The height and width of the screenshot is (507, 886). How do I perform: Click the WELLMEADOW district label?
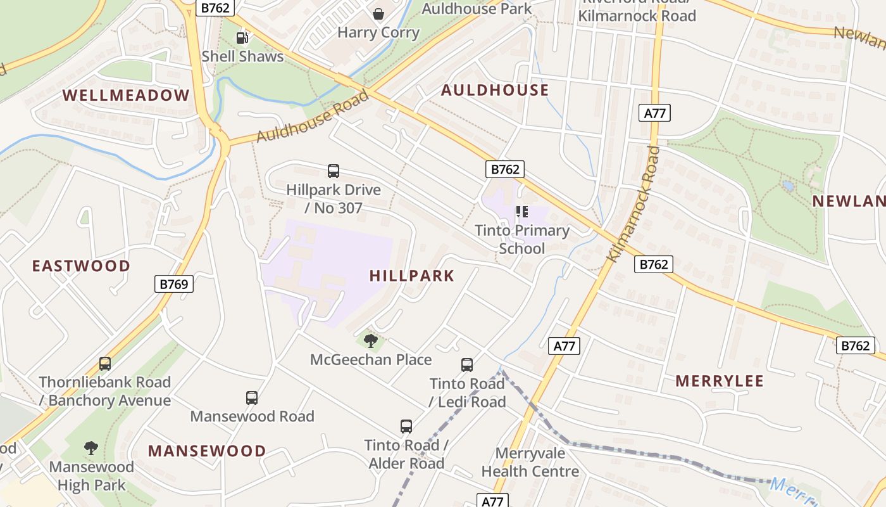126,96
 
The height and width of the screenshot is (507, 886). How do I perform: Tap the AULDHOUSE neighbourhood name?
495,90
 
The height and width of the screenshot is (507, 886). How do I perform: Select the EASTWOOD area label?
82,266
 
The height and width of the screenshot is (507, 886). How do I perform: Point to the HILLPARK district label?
412,276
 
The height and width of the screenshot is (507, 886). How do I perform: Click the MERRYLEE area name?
720,381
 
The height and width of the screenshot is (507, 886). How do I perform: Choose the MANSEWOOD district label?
207,451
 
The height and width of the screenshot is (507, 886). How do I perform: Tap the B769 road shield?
174,284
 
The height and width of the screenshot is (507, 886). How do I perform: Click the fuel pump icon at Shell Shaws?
242,38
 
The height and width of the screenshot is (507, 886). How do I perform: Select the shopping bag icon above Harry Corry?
378,14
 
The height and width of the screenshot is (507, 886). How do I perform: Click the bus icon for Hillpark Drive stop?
334,171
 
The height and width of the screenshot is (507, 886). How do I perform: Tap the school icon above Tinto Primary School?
522,212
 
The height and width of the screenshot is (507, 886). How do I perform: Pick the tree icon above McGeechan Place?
371,342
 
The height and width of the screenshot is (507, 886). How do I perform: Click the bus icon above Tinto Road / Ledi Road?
467,365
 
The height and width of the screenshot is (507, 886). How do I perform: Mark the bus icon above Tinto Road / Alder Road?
406,427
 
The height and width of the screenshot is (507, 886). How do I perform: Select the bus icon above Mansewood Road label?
252,398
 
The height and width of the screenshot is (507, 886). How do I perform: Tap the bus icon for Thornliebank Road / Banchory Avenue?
105,364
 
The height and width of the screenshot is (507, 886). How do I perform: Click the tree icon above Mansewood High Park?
91,448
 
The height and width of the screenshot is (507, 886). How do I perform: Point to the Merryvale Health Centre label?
530,463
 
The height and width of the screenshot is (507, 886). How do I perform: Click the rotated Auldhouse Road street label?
312,117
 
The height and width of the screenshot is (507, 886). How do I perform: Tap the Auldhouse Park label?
477,8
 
